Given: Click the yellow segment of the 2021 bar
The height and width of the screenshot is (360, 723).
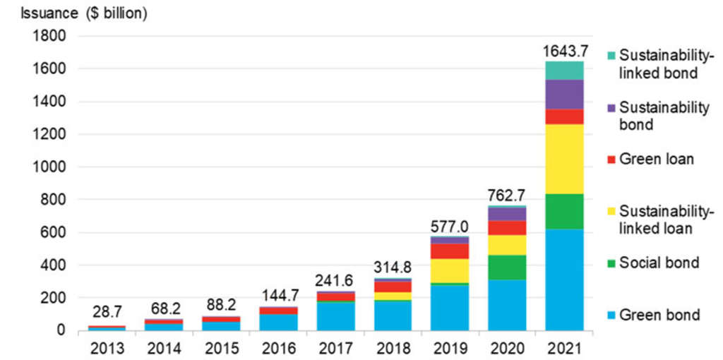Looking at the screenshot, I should (564, 159).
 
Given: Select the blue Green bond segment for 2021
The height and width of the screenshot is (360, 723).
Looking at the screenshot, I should (564, 280).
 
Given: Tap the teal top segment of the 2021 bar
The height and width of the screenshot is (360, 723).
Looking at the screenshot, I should (564, 71).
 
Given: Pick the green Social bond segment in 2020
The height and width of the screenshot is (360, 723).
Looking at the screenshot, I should (507, 268).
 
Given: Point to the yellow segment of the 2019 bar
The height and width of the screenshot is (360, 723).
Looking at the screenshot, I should (450, 270).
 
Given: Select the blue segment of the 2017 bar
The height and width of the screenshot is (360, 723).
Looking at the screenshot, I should (335, 316).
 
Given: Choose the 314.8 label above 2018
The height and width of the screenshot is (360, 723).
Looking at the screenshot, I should (393, 268).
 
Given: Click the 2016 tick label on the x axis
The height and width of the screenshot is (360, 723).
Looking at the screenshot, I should (278, 347).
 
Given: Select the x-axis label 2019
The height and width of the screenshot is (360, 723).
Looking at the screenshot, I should (450, 347).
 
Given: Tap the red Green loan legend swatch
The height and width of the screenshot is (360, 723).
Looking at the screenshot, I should (611, 160).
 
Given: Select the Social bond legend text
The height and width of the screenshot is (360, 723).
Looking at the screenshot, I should (659, 263).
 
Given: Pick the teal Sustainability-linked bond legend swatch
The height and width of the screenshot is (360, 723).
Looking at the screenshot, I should (611, 55).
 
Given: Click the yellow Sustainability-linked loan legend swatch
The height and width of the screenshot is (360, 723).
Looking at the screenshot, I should (611, 211).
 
